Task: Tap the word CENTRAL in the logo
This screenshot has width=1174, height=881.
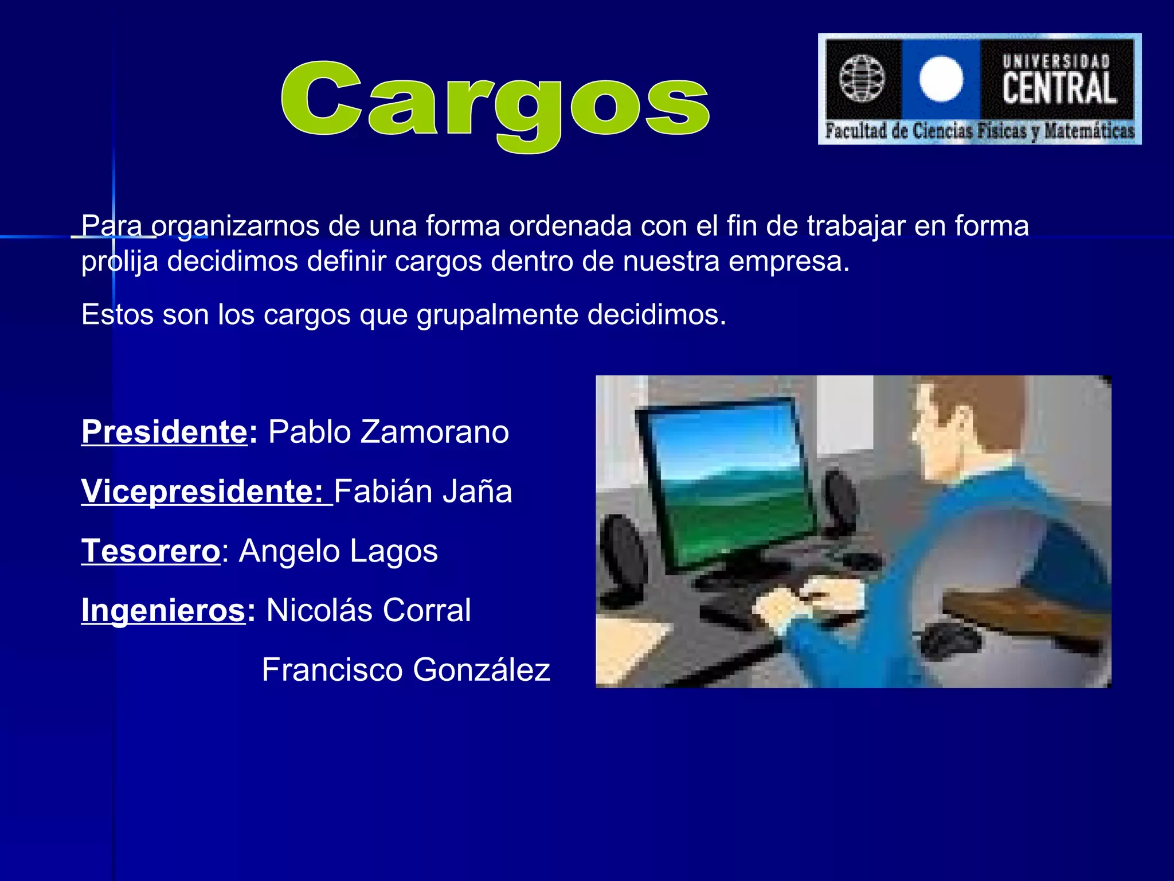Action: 1059,88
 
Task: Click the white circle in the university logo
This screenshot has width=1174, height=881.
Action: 941,79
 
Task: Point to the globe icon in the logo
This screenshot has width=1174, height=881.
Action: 862,78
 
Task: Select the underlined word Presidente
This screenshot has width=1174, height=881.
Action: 164,431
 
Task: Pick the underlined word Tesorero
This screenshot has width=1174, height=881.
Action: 150,551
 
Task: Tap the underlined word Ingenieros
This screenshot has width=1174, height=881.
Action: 163,610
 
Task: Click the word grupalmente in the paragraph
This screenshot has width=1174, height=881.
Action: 497,315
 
